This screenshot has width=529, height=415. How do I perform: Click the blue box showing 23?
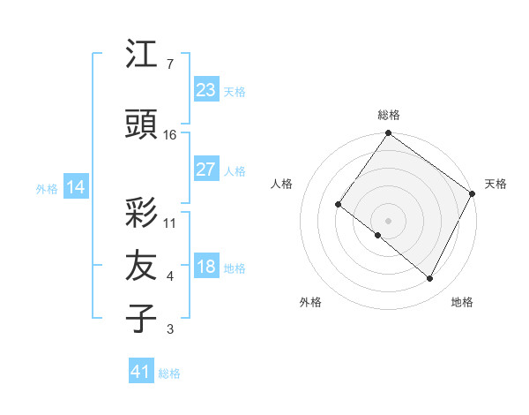(x=205, y=89)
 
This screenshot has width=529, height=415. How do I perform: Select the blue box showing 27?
(x=205, y=170)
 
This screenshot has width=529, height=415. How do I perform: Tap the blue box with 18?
(x=205, y=267)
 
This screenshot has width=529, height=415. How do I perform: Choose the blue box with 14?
(x=75, y=187)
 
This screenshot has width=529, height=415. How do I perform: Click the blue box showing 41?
(x=141, y=372)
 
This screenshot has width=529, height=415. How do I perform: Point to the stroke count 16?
(x=170, y=135)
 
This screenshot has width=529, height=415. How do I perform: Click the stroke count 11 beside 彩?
(x=170, y=223)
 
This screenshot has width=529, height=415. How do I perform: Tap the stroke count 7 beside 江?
(x=169, y=64)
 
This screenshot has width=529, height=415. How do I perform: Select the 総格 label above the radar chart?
(x=389, y=115)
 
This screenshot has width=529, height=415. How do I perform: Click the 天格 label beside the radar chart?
(x=495, y=184)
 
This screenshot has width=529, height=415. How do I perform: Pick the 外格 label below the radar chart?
(x=310, y=302)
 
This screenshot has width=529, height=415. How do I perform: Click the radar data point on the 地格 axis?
(x=430, y=279)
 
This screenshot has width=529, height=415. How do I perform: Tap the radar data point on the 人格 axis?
(x=339, y=204)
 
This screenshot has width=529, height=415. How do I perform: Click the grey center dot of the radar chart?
(x=388, y=220)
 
